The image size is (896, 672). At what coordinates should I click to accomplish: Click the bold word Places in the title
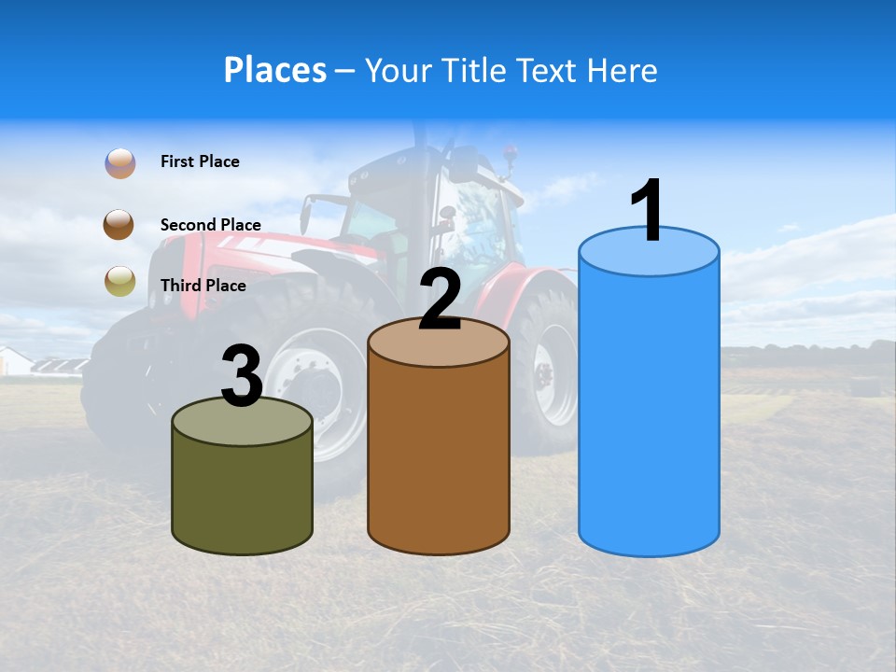pyautogui.click(x=275, y=70)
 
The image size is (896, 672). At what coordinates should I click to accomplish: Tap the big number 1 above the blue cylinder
pyautogui.click(x=648, y=211)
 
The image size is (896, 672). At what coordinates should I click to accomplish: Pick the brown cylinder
pyautogui.click(x=439, y=457)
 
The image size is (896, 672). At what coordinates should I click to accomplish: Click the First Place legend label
pyautogui.click(x=200, y=161)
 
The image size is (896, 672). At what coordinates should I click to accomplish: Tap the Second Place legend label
pyautogui.click(x=210, y=225)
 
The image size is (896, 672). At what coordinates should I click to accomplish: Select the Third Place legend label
pyautogui.click(x=203, y=286)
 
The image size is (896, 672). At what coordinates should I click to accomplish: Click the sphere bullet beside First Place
pyautogui.click(x=119, y=163)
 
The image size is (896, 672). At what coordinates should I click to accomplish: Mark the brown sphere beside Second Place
pyautogui.click(x=119, y=225)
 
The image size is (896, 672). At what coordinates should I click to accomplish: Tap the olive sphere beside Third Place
pyautogui.click(x=119, y=280)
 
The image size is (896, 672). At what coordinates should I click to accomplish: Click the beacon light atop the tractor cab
pyautogui.click(x=510, y=150)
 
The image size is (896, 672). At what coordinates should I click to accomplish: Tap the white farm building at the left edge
pyautogui.click(x=13, y=361)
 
